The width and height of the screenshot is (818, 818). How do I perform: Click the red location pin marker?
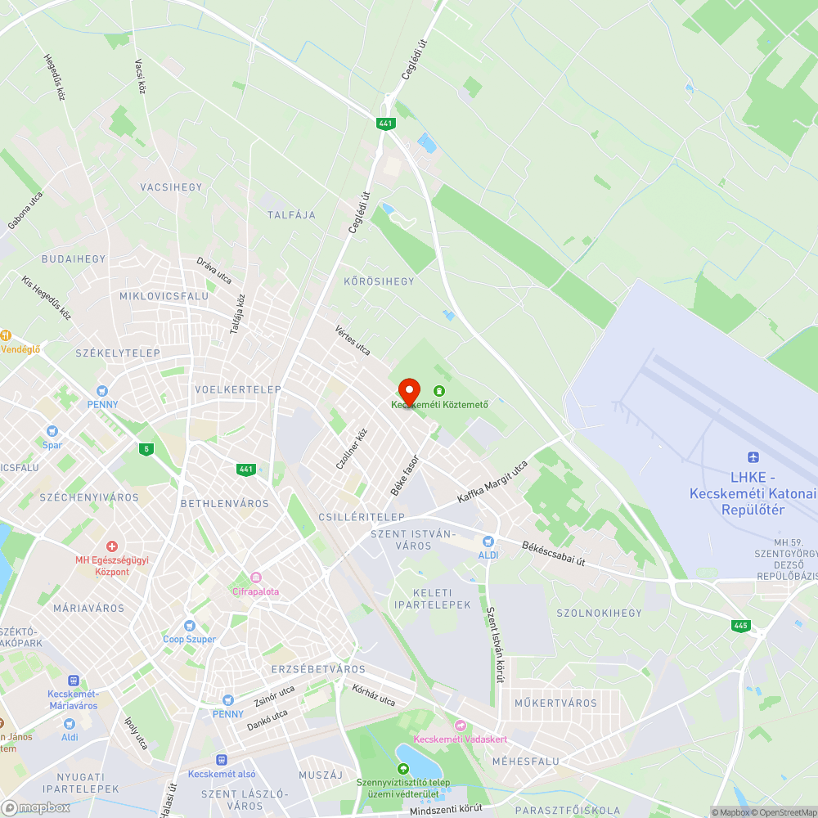(409, 390)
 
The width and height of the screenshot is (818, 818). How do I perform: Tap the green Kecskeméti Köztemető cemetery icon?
(440, 391)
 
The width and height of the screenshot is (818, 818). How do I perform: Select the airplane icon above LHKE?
(753, 457)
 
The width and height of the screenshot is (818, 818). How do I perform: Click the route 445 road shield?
(740, 626)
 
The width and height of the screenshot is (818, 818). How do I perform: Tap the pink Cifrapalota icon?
(255, 578)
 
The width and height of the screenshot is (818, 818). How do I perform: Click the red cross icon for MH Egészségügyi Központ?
(112, 546)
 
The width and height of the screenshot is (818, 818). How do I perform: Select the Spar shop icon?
(52, 431)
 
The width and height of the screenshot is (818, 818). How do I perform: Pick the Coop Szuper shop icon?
(189, 626)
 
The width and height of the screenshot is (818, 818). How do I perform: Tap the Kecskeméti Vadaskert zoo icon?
(460, 726)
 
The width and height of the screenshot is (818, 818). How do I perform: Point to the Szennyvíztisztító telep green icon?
(402, 769)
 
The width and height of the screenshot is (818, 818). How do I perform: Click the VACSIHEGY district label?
(171, 187)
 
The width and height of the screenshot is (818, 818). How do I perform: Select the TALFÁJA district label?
(291, 215)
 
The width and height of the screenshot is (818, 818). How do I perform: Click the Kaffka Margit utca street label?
(492, 482)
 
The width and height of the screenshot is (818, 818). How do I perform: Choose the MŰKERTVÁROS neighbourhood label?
(556, 703)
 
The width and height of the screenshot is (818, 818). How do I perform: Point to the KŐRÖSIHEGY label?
(380, 281)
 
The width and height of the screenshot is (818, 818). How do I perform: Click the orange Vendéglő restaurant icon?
(5, 335)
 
